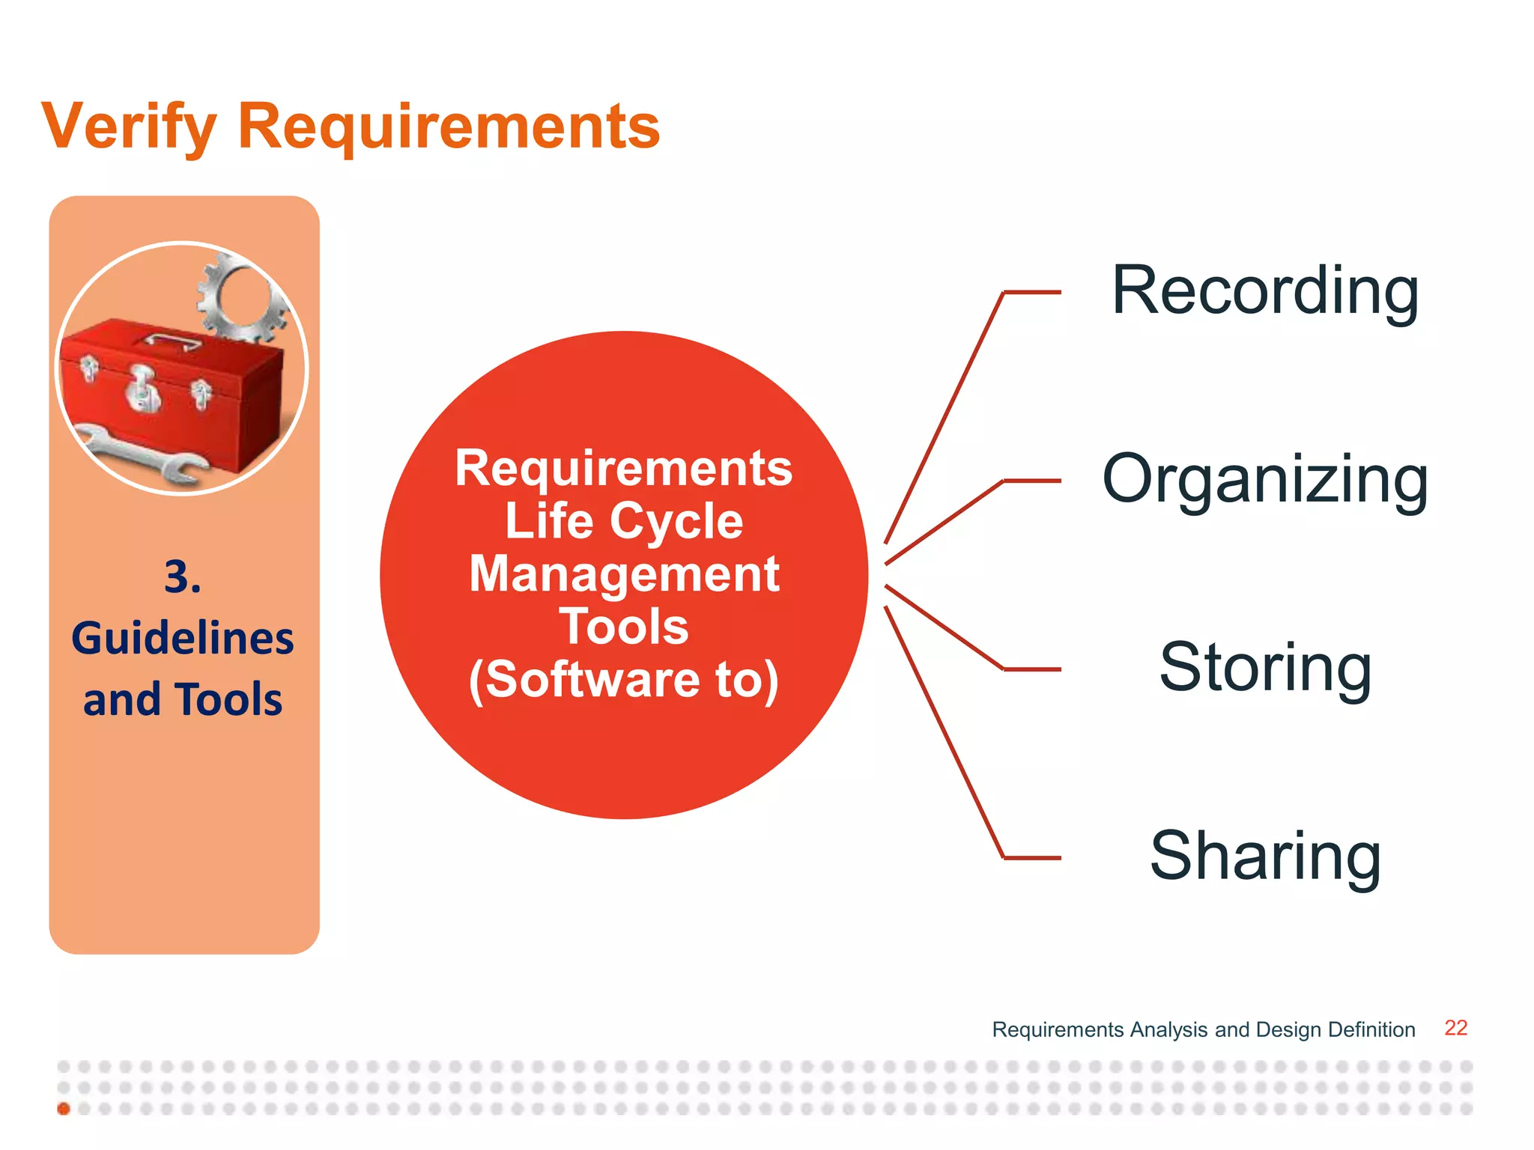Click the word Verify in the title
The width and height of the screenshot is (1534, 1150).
pyautogui.click(x=129, y=127)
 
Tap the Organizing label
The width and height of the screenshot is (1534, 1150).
pyautogui.click(x=1264, y=481)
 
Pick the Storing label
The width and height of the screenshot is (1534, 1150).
pyautogui.click(x=1264, y=668)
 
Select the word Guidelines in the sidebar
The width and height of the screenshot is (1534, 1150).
pyautogui.click(x=183, y=638)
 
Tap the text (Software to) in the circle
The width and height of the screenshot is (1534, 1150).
pyautogui.click(x=623, y=680)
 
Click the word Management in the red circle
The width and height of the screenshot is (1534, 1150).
pyautogui.click(x=623, y=574)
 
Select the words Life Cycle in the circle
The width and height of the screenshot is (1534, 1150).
pyautogui.click(x=623, y=521)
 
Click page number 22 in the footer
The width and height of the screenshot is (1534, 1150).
pyautogui.click(x=1455, y=1028)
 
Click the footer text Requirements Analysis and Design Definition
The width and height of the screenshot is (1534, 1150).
pyautogui.click(x=1203, y=1029)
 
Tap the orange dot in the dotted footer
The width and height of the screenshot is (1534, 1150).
pyautogui.click(x=64, y=1109)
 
